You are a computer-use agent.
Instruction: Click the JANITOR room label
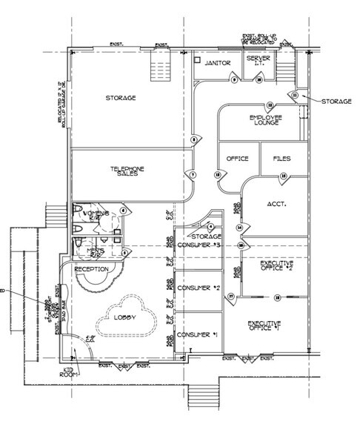pyautogui.click(x=219, y=64)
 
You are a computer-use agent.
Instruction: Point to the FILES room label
pyautogui.click(x=281, y=159)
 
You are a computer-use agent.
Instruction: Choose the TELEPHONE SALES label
pyautogui.click(x=127, y=171)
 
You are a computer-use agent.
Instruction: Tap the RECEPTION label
pyautogui.click(x=92, y=268)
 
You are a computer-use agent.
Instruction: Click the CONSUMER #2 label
pyautogui.click(x=198, y=289)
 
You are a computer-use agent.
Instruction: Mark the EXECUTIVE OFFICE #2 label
pyautogui.click(x=276, y=265)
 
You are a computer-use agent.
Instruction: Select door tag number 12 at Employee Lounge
pyautogui.click(x=270, y=105)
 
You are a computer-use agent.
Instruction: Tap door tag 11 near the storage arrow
pyautogui.click(x=294, y=96)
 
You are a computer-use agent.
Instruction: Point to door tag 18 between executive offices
pyautogui.click(x=277, y=297)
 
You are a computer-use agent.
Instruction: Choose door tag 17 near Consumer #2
pyautogui.click(x=231, y=297)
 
